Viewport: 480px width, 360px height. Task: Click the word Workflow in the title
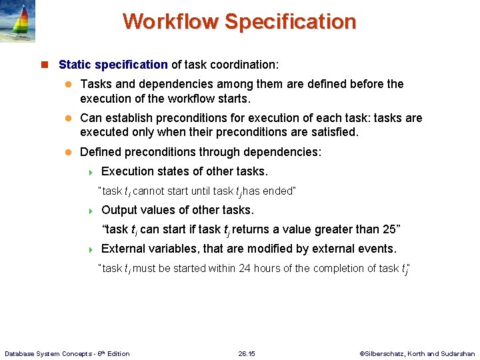[x=171, y=21]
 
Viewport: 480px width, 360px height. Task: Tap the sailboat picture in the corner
[x=17, y=21]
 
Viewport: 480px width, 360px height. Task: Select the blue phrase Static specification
[x=113, y=65]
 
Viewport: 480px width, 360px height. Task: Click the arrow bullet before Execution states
[x=91, y=172]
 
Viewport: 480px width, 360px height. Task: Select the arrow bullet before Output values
[x=91, y=211]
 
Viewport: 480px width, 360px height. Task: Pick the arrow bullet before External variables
[x=91, y=249]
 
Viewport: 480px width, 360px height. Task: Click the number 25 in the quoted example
[x=387, y=229]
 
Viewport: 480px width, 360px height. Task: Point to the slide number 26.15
[x=247, y=353]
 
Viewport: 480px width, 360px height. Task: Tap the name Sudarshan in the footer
[x=459, y=353]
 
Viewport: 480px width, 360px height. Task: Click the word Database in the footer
[x=21, y=353]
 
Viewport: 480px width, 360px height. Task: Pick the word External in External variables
[x=124, y=249]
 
